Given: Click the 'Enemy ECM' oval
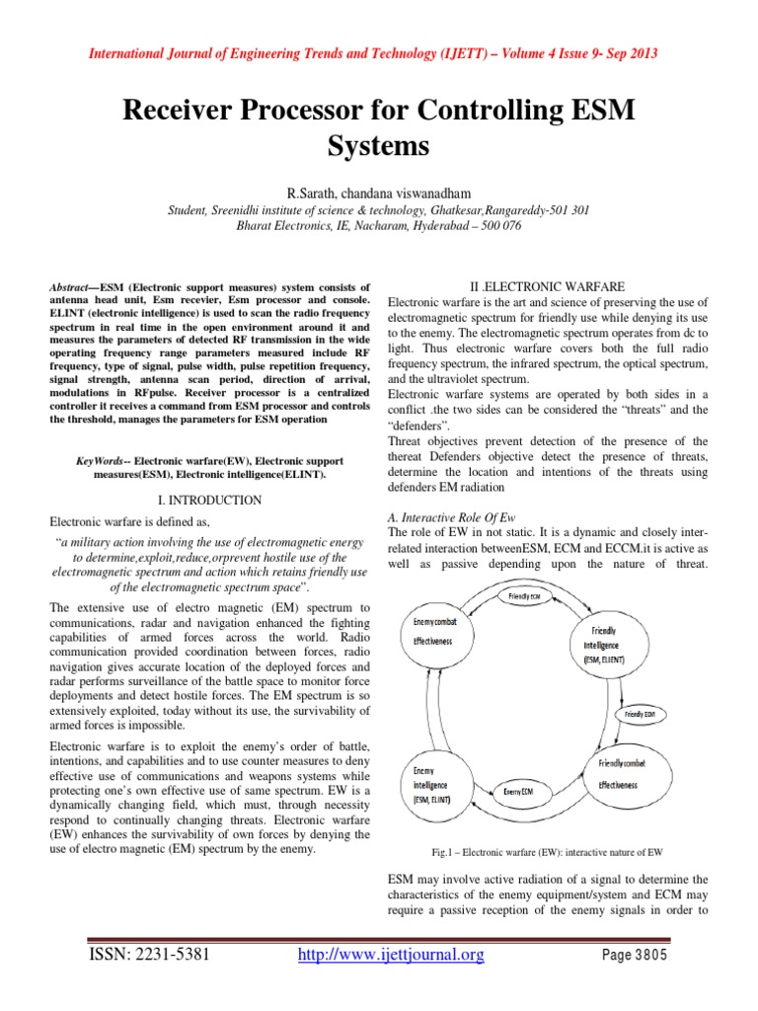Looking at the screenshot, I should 521,792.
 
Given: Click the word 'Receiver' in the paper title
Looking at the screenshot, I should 184,112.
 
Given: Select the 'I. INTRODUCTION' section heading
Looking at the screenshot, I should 210,501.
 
